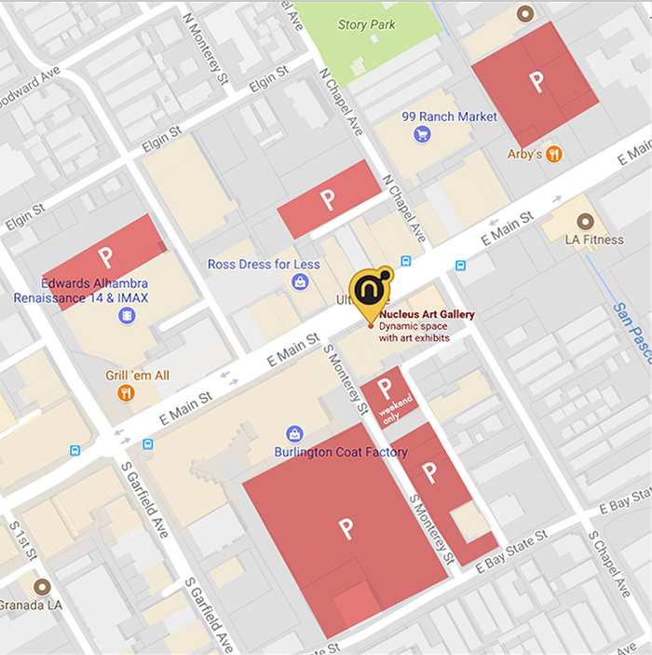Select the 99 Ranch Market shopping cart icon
[422, 135]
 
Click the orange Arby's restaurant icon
[554, 154]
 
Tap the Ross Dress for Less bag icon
[300, 281]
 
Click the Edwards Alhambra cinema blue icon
[127, 317]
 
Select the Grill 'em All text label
[138, 375]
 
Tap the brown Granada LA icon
[41, 588]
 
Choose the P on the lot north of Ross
[327, 198]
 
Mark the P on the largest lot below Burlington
[346, 528]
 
